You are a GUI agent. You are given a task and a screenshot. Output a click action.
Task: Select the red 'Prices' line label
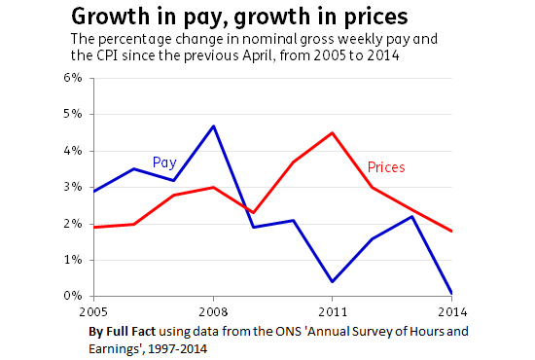pos(385,167)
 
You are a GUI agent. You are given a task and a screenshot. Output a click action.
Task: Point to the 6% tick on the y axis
pos(75,77)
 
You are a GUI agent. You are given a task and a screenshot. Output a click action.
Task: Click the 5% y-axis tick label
pos(75,114)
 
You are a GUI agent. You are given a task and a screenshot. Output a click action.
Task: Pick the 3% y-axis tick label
pos(75,187)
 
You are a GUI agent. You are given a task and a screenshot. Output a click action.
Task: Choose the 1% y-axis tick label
pos(75,260)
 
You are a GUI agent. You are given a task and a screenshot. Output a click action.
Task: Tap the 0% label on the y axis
pos(75,296)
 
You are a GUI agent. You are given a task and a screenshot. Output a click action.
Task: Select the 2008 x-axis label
pos(214,313)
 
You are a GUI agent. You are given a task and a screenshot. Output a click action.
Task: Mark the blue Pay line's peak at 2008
pos(212,126)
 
